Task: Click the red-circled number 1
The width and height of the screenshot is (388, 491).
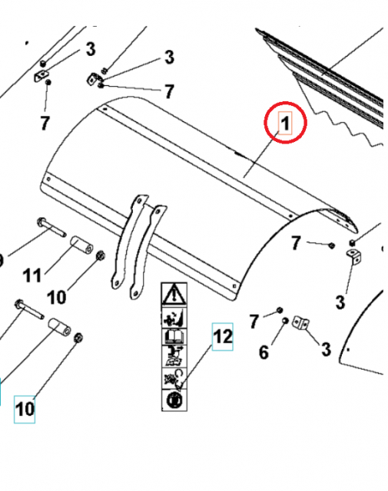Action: tap(285, 123)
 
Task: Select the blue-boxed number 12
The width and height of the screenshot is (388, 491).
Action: tap(222, 337)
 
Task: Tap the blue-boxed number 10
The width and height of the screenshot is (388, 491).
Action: tap(25, 409)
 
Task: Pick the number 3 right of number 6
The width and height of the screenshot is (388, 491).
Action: tap(325, 350)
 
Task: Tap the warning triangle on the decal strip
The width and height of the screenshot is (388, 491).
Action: tap(173, 294)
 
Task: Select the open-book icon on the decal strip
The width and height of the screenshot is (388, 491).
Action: tap(173, 334)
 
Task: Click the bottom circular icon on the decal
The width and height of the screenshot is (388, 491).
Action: tap(173, 400)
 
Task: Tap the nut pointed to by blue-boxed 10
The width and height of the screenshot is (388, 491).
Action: tap(79, 338)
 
